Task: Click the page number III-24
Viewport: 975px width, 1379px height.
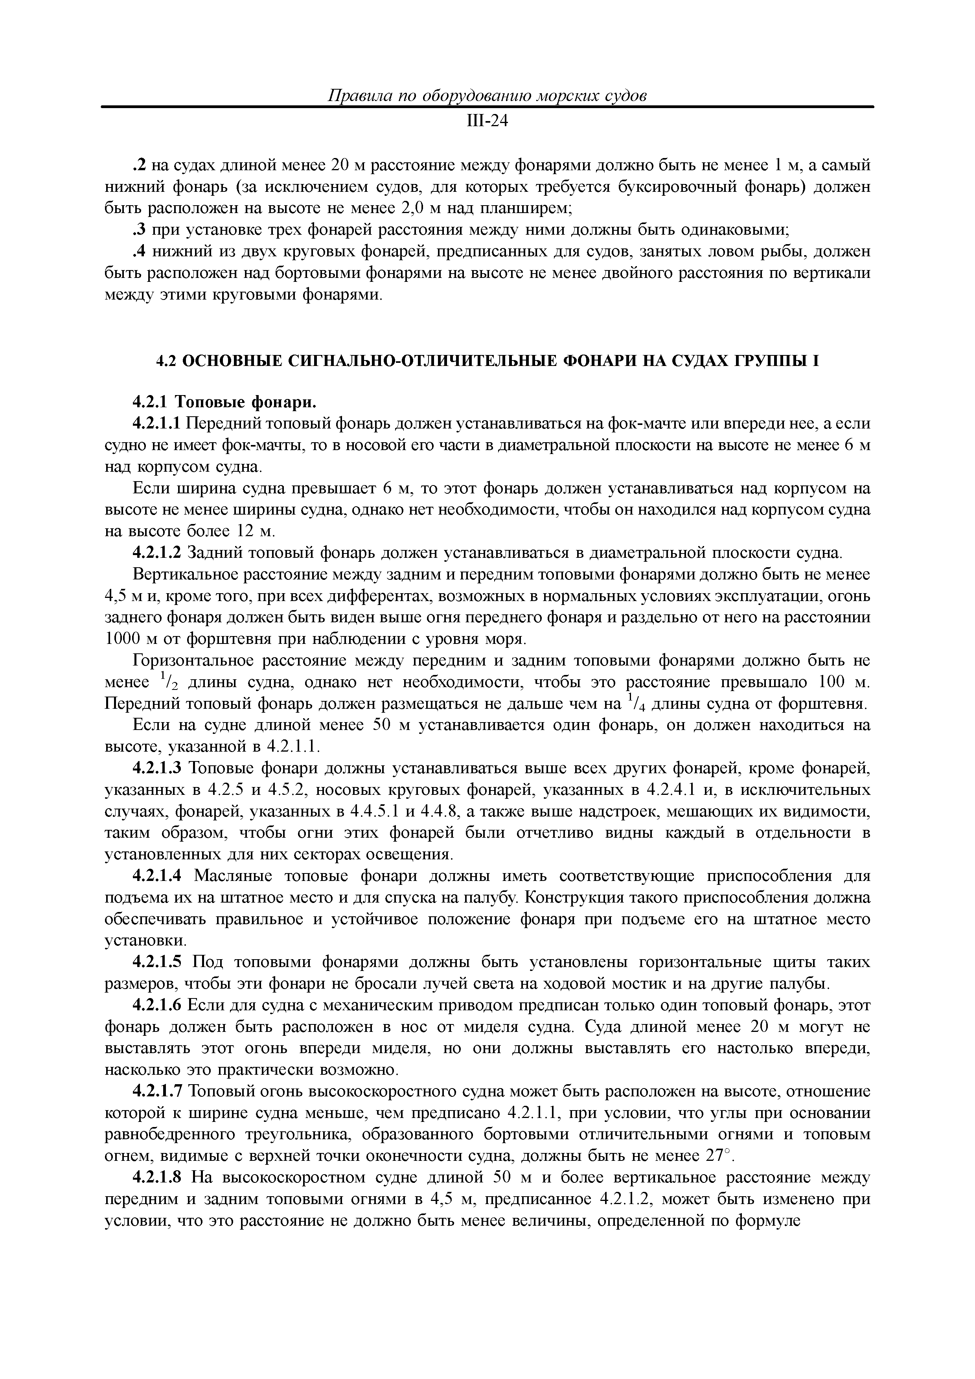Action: [x=487, y=121]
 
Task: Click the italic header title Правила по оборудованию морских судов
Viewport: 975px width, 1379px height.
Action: [x=487, y=96]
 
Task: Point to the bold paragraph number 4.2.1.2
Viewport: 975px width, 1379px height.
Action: [x=156, y=553]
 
